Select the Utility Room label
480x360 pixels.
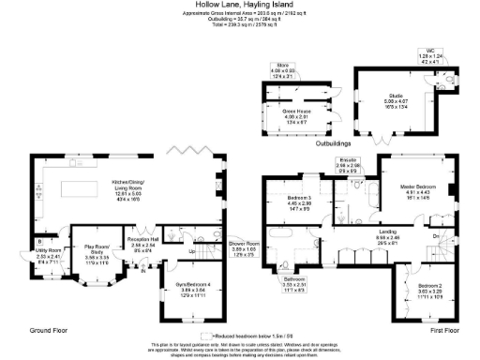tap(49, 250)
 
